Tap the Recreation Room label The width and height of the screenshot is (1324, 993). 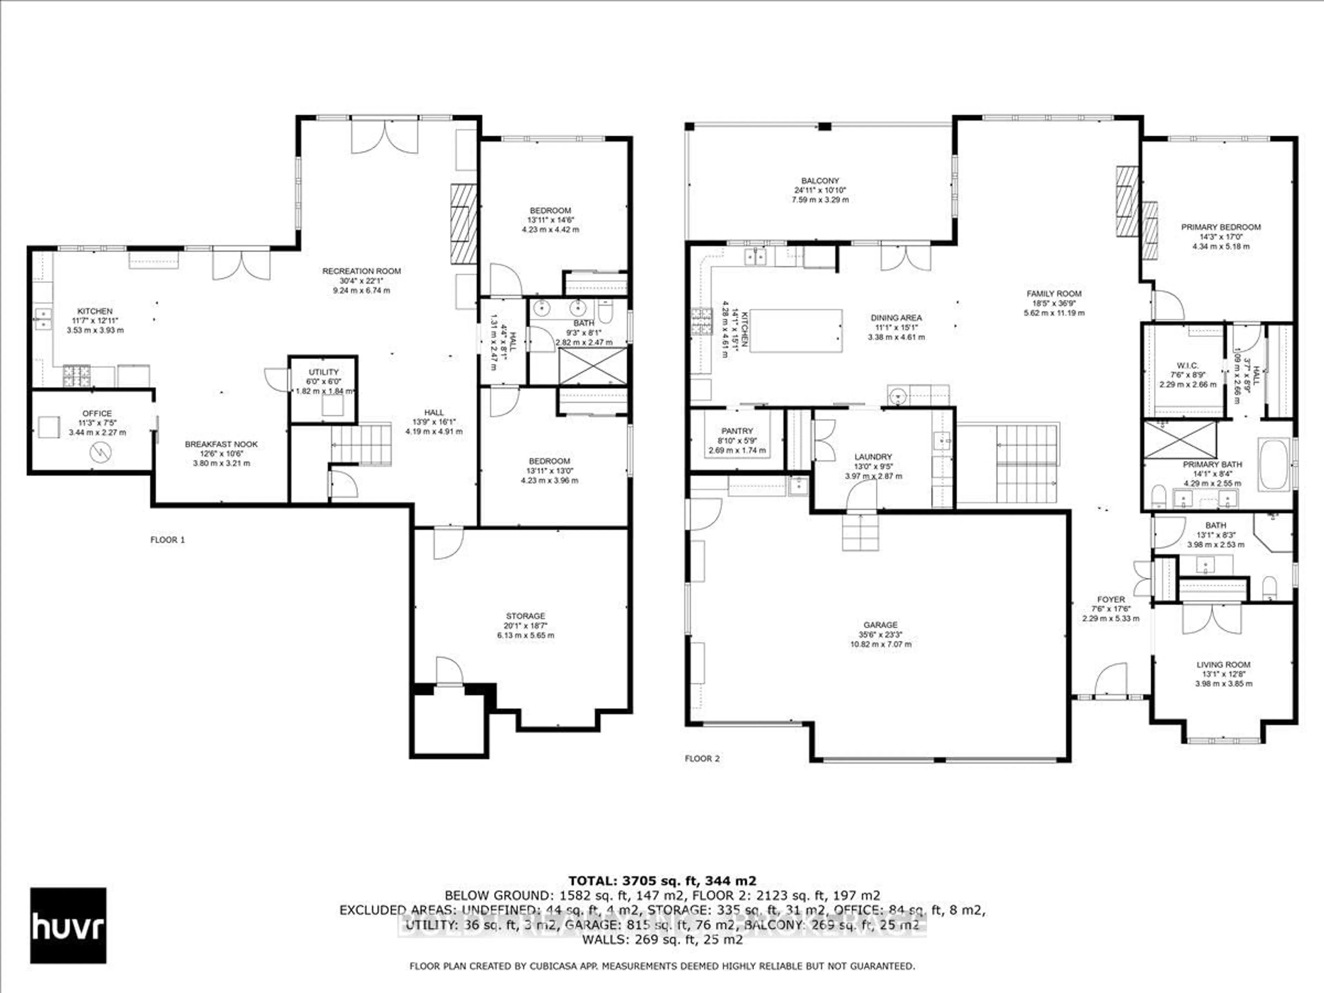click(362, 271)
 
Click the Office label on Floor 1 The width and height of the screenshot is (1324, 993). click(97, 413)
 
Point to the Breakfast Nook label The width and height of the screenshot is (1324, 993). click(221, 444)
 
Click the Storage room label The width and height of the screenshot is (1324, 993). click(525, 616)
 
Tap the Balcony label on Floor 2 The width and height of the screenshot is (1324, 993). click(820, 181)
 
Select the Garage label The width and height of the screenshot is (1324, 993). click(881, 625)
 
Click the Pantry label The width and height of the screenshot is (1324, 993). click(737, 431)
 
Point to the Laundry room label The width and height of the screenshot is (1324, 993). click(873, 457)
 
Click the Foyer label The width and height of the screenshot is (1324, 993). click(1111, 599)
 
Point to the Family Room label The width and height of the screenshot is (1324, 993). click(1053, 293)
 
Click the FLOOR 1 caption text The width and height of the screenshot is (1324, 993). click(168, 540)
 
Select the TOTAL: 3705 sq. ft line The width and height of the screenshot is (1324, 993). click(662, 881)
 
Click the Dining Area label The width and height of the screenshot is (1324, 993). click(896, 318)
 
